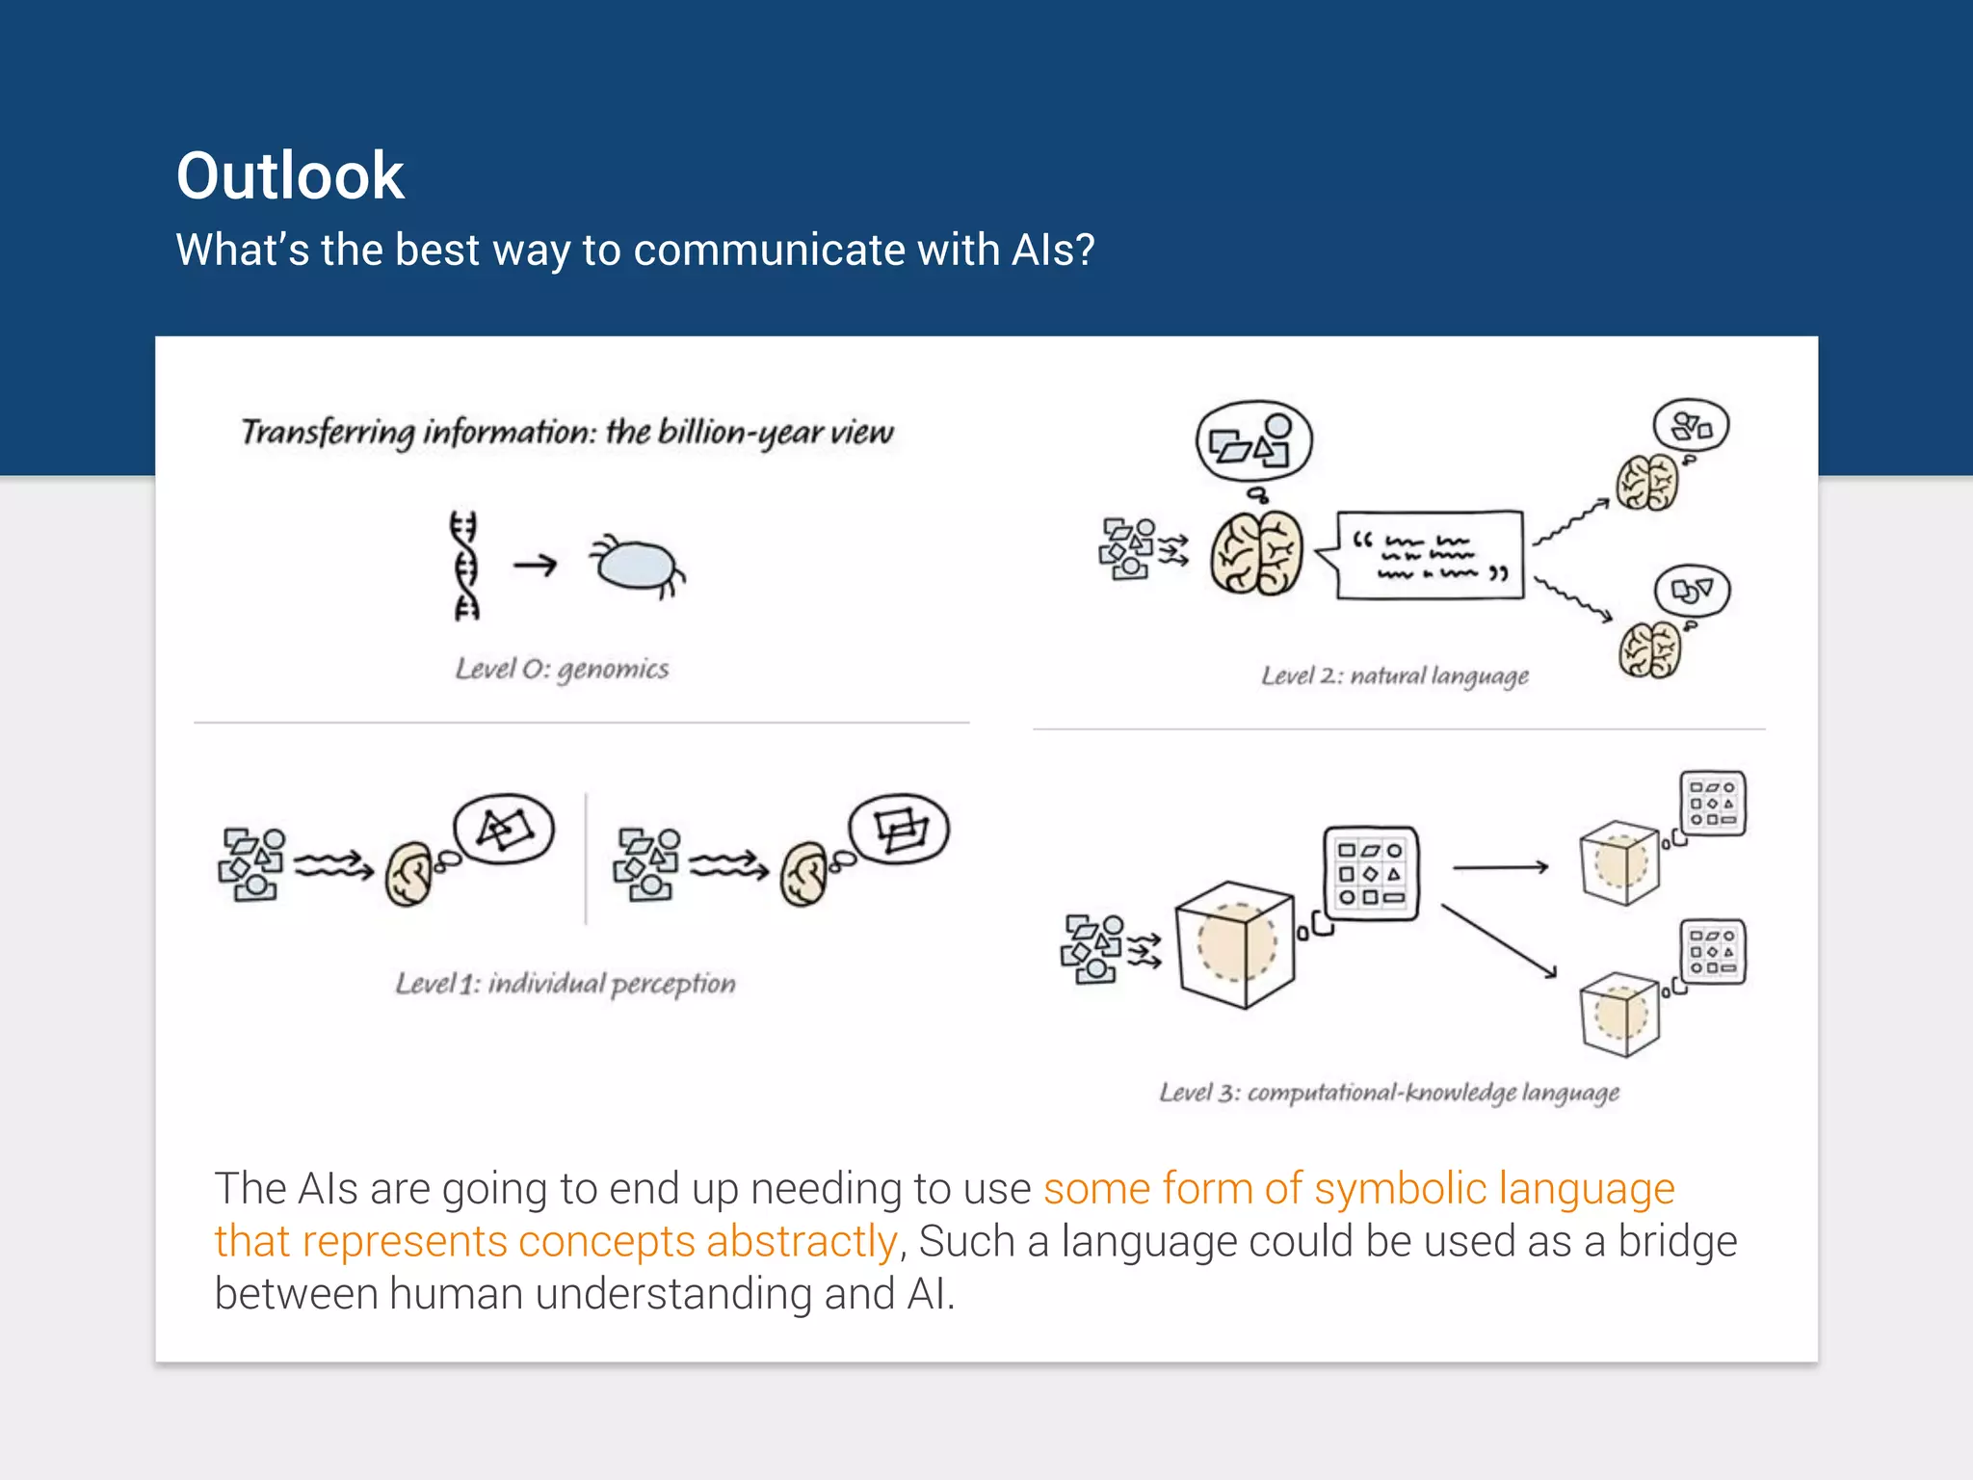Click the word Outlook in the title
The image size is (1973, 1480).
click(289, 177)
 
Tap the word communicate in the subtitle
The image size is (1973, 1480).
click(768, 251)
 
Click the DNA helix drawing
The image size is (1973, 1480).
click(465, 566)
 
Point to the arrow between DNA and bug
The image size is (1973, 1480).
click(536, 565)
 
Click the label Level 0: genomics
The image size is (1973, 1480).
click(562, 669)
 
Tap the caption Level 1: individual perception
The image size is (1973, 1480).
click(566, 984)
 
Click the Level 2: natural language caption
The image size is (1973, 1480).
click(1395, 676)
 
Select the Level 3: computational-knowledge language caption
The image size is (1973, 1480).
click(1388, 1093)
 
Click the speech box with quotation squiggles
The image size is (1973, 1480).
click(1430, 556)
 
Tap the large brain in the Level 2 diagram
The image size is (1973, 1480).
click(1256, 554)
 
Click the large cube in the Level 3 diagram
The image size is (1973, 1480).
click(1236, 945)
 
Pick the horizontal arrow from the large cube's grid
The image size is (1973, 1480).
click(1500, 867)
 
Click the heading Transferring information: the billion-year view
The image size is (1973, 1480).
click(567, 433)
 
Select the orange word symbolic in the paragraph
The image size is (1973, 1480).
click(1400, 1189)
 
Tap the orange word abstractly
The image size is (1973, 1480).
click(802, 1242)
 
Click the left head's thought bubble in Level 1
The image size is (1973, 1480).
click(504, 829)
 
